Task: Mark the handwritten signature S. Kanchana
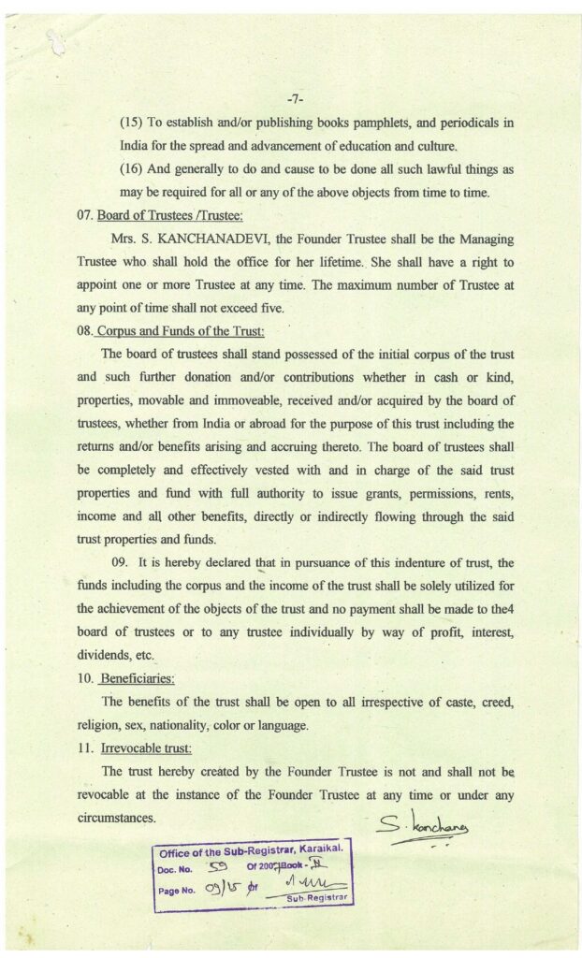[424, 825]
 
